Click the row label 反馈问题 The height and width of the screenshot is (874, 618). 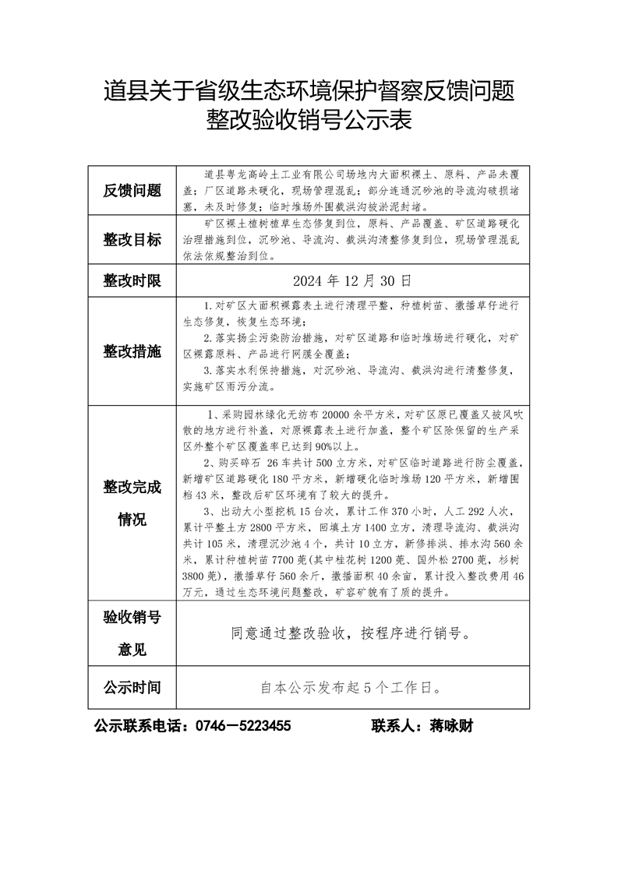click(132, 190)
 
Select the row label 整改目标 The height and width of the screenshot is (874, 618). click(132, 239)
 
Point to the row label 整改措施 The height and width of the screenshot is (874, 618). click(132, 351)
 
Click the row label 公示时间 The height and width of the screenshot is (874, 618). click(132, 687)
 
